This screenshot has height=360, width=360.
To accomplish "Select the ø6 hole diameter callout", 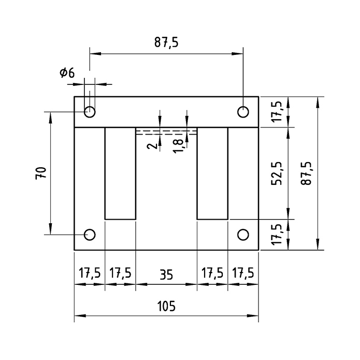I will pos(67,73).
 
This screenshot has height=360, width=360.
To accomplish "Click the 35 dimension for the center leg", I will pos(166,273).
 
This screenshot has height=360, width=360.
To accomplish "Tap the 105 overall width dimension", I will pos(166,306).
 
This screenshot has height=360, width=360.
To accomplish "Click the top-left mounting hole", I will pos(90,111).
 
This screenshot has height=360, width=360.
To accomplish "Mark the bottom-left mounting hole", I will pos(90,235).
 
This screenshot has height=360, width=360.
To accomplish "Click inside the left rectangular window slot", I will pos(120,173).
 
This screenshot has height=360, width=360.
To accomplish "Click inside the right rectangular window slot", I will pos(212,173).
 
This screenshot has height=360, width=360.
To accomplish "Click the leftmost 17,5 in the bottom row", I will pos(90,273).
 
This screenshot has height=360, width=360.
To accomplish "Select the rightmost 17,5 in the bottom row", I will pos(243,273).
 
